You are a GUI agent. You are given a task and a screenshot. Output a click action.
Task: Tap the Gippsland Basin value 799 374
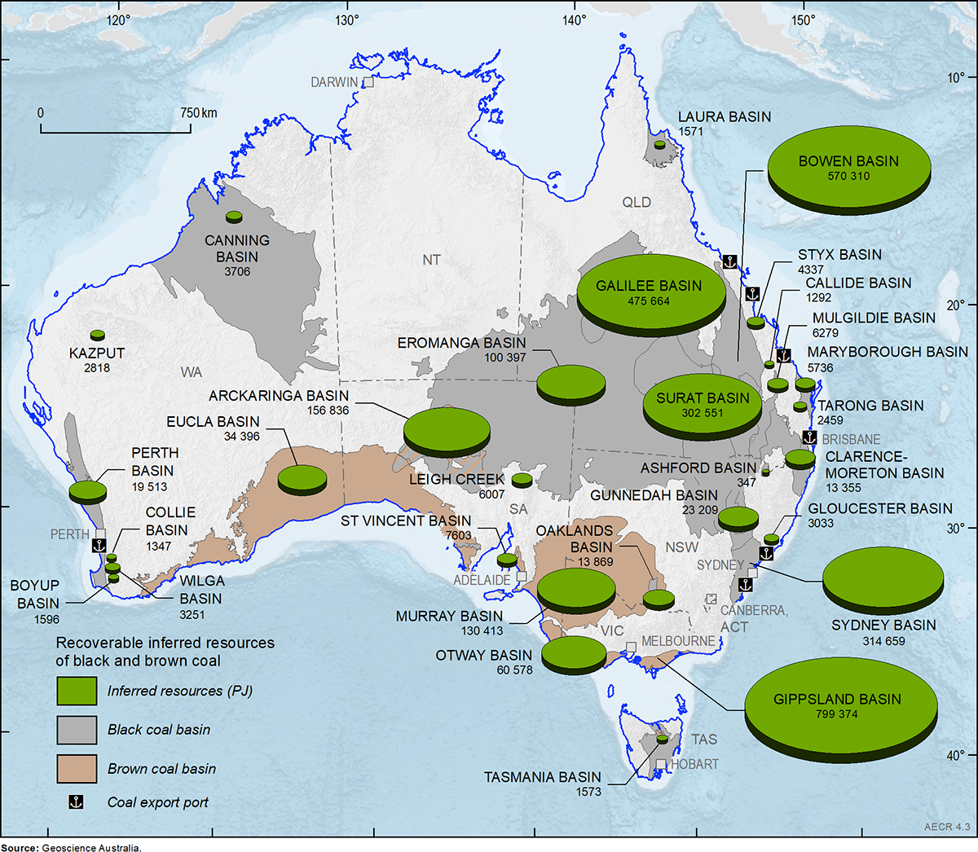click(x=836, y=714)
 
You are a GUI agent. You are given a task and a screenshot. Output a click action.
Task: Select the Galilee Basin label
click(x=649, y=286)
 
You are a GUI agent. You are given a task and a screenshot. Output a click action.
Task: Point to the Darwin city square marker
click(x=368, y=81)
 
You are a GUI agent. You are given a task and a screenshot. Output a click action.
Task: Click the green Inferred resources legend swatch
click(x=77, y=691)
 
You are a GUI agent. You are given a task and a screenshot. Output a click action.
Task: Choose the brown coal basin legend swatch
click(x=77, y=769)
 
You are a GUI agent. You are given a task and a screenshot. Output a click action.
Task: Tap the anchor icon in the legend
click(x=75, y=802)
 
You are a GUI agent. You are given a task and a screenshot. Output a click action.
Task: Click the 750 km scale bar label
click(x=198, y=112)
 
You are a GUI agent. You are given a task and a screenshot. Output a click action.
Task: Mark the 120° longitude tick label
click(x=118, y=20)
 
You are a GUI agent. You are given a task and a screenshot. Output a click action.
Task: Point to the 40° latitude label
click(x=955, y=755)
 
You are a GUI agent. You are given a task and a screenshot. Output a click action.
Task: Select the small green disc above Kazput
click(x=98, y=335)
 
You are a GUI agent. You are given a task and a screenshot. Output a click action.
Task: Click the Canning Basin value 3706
click(x=237, y=271)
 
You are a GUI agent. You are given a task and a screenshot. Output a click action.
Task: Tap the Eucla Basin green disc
click(x=302, y=478)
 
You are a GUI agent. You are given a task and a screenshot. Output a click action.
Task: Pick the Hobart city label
click(x=694, y=764)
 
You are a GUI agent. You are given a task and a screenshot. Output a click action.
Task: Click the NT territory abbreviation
click(x=431, y=260)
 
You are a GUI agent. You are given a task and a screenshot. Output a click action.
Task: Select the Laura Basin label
click(x=724, y=116)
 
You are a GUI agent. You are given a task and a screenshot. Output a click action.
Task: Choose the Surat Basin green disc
click(x=702, y=406)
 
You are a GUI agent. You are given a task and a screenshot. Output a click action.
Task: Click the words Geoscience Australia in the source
click(x=92, y=848)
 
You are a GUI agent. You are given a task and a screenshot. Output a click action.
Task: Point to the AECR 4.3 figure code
click(x=946, y=827)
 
